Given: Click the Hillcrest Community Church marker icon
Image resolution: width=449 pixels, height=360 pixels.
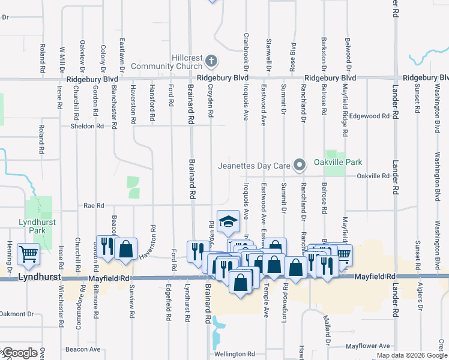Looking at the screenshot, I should pos(211,61).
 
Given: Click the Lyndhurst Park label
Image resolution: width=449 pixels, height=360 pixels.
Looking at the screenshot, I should pos(32,226).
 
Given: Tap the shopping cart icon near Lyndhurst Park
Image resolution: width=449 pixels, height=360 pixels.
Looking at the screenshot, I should pos(28,254).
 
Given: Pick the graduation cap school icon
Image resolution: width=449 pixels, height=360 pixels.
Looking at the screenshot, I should pos(228,223).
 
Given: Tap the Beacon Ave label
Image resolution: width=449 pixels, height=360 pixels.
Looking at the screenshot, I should pos(83,349).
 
